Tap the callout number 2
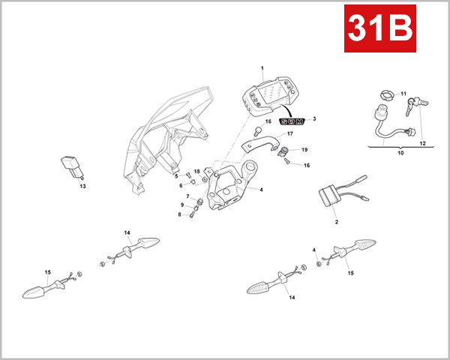tap(336, 222)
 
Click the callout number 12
tap(422, 143)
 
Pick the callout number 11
tap(403, 94)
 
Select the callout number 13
tap(82, 186)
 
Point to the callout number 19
tap(304, 149)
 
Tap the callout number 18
tap(196, 172)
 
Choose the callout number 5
tap(177, 175)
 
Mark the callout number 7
tap(187, 196)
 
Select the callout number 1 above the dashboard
tap(262, 68)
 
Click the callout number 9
tap(181, 205)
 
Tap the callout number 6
tap(181, 185)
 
